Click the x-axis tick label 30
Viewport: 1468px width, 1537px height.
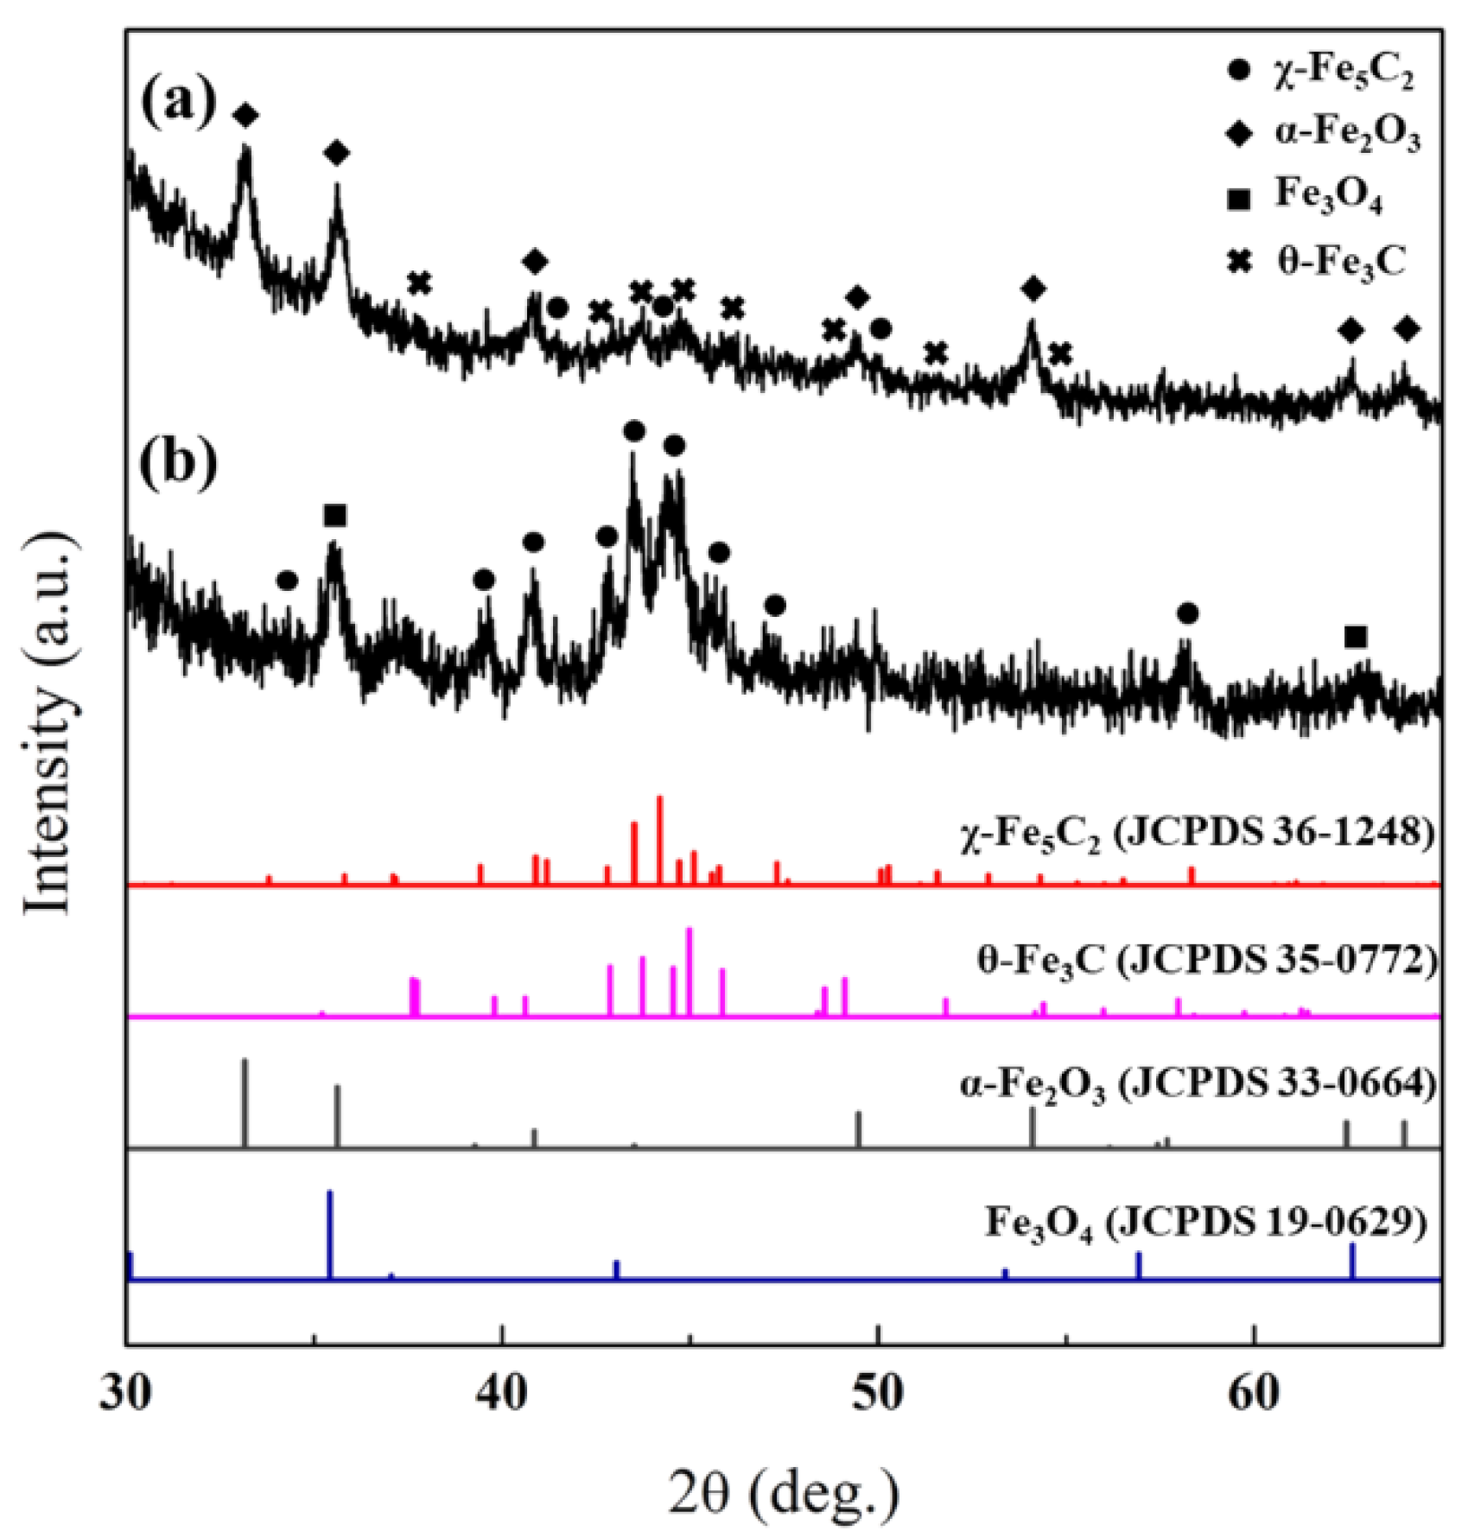pyautogui.click(x=127, y=1394)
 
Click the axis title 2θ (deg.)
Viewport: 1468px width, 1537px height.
pyautogui.click(x=784, y=1491)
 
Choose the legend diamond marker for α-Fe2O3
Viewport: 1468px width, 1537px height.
pyautogui.click(x=1240, y=135)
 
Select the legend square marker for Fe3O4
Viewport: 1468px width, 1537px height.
pyautogui.click(x=1240, y=199)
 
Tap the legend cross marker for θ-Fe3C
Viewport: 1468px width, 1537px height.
pyautogui.click(x=1240, y=262)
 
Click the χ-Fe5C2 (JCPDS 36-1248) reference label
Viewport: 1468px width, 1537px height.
pyautogui.click(x=1197, y=835)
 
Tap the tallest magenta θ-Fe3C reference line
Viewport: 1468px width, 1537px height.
pyautogui.click(x=689, y=972)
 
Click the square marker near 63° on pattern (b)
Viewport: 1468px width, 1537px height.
pyautogui.click(x=1356, y=638)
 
